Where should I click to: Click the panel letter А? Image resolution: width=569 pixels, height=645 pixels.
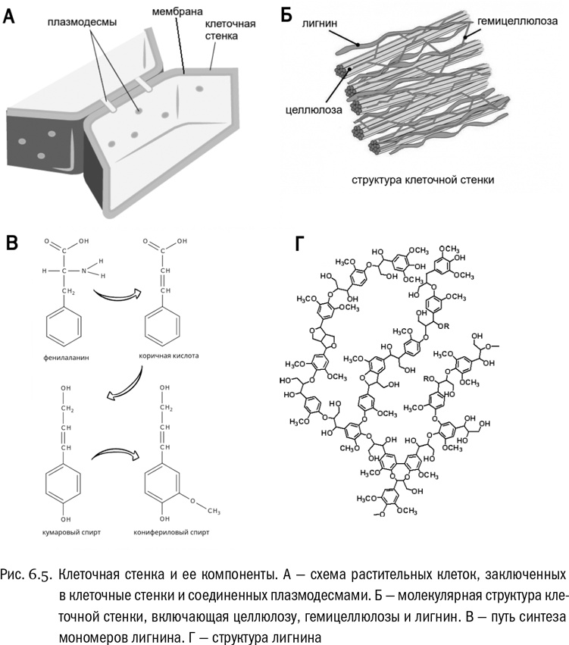coord(10,15)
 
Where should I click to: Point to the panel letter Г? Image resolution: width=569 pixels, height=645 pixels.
coord(301,243)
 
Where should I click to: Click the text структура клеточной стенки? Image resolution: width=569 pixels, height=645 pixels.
coord(423,180)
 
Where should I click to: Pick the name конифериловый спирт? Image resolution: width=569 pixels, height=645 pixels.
coord(175,532)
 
